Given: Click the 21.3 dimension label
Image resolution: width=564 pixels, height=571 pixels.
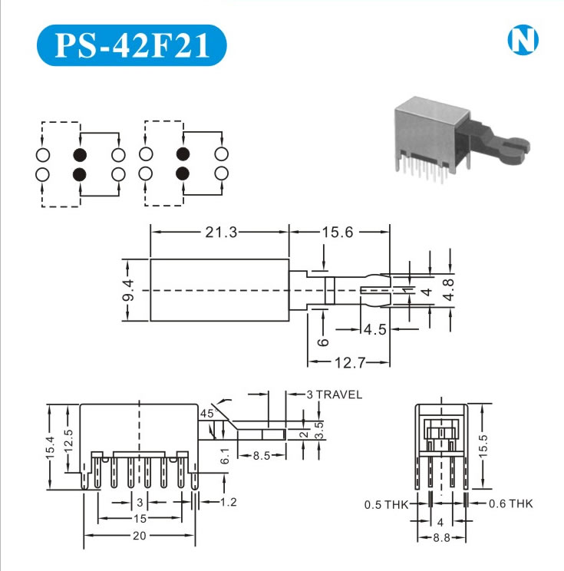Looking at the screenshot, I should pos(220,232).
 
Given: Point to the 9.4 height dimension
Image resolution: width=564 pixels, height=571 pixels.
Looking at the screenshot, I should pos(128,291).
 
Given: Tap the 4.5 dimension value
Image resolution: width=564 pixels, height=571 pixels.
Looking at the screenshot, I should pos(374,329).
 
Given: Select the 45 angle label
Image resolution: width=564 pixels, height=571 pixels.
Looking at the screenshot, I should pos(206,413).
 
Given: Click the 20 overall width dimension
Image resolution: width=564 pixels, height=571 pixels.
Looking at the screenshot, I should pos(140,536).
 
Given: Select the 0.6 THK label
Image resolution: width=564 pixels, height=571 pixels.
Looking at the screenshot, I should pos(510,503).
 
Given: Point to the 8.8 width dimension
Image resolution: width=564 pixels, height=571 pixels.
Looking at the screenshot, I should pos(441,538).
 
